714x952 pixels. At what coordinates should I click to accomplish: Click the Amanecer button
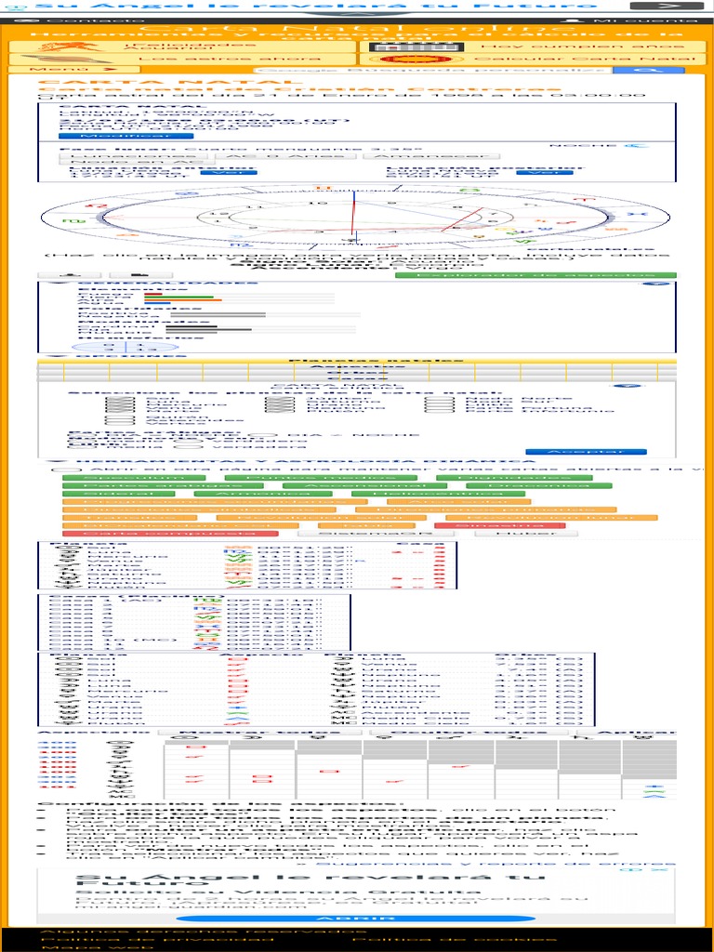pos(423,156)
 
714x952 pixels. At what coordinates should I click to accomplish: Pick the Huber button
pos(512,534)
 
